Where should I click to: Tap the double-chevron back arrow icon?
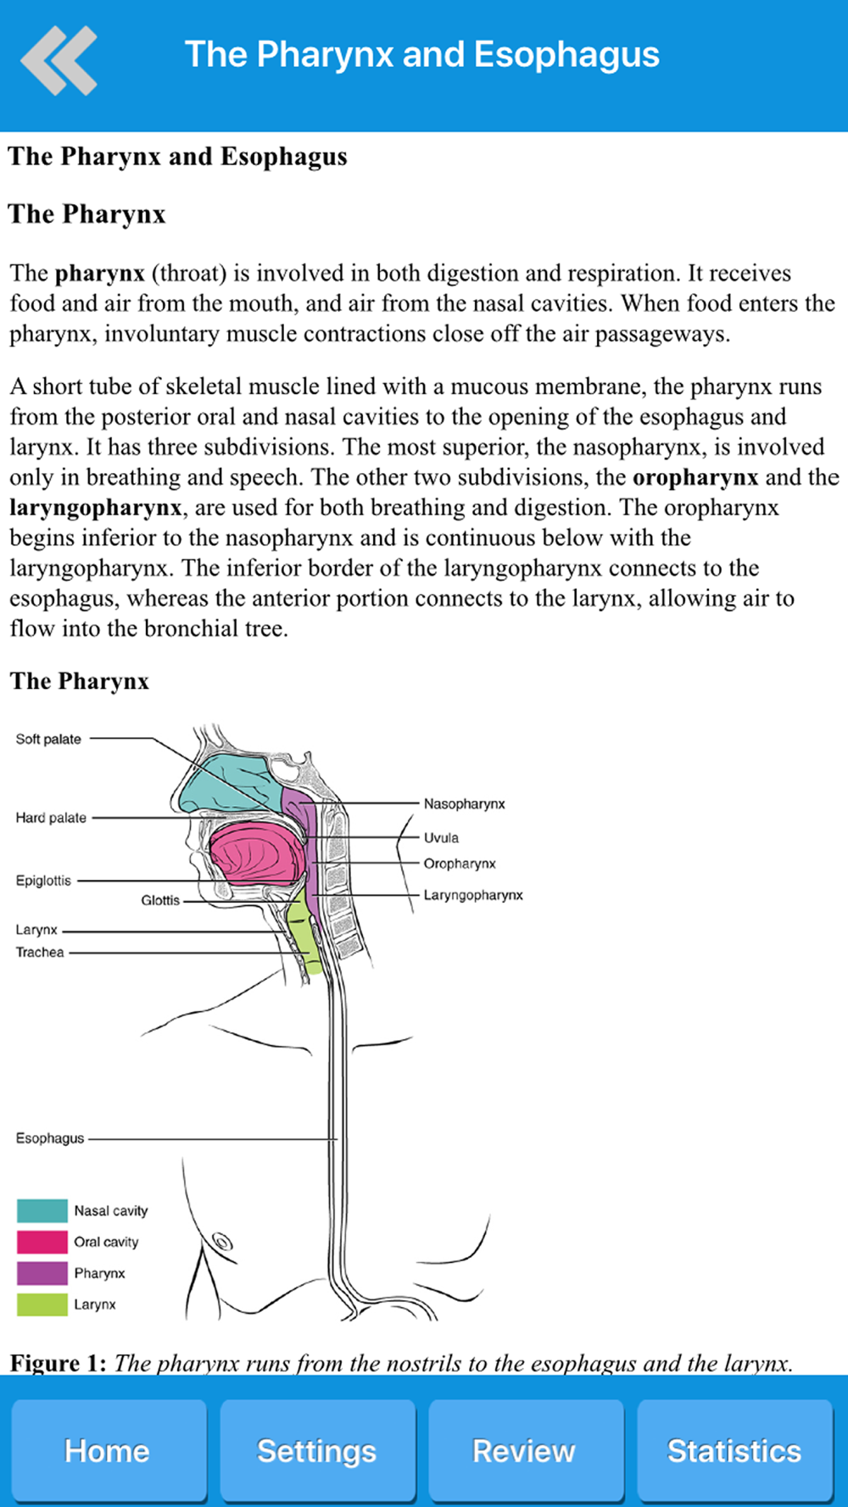(x=59, y=60)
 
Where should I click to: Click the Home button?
(x=108, y=1450)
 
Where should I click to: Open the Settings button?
(x=317, y=1450)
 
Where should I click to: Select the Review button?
(x=525, y=1450)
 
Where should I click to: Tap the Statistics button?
(x=734, y=1450)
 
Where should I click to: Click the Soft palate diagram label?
(x=48, y=739)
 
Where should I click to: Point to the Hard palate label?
(x=51, y=818)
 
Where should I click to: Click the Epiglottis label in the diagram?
(x=43, y=881)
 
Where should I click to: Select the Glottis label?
(x=160, y=900)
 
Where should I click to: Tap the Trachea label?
(x=40, y=952)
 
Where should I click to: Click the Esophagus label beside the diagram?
(x=50, y=1138)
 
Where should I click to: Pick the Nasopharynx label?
(x=465, y=804)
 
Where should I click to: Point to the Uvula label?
(x=441, y=837)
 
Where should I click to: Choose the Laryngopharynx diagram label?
(x=473, y=895)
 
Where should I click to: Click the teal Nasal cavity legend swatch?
(x=42, y=1210)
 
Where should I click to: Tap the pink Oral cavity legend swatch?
(x=42, y=1242)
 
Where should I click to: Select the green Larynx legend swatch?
(x=42, y=1304)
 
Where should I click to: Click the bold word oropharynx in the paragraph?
(x=695, y=477)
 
